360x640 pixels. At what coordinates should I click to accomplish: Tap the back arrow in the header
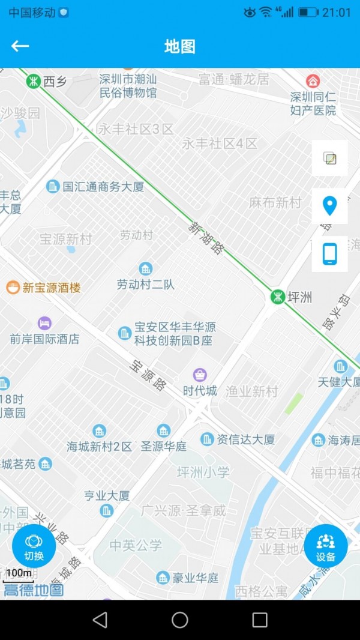pyautogui.click(x=20, y=46)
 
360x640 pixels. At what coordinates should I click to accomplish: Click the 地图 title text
pyautogui.click(x=180, y=47)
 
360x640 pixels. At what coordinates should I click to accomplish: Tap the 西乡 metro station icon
pyautogui.click(x=33, y=80)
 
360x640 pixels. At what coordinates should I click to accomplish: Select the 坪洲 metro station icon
pyautogui.click(x=277, y=297)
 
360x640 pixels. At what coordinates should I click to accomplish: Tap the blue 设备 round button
pyautogui.click(x=326, y=546)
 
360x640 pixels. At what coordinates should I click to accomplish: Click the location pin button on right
pyautogui.click(x=329, y=206)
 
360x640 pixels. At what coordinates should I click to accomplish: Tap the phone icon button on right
pyautogui.click(x=329, y=254)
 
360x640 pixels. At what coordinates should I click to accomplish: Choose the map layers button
pyautogui.click(x=329, y=158)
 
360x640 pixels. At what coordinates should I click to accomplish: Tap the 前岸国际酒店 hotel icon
pyautogui.click(x=44, y=324)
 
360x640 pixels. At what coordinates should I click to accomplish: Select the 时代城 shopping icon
pyautogui.click(x=200, y=375)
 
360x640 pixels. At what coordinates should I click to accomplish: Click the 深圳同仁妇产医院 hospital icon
pyautogui.click(x=313, y=81)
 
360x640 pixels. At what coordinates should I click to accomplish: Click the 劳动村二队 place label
pyautogui.click(x=146, y=285)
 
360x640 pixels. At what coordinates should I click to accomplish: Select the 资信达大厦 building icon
pyautogui.click(x=207, y=439)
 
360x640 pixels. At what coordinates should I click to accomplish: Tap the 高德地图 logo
pyautogui.click(x=34, y=590)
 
